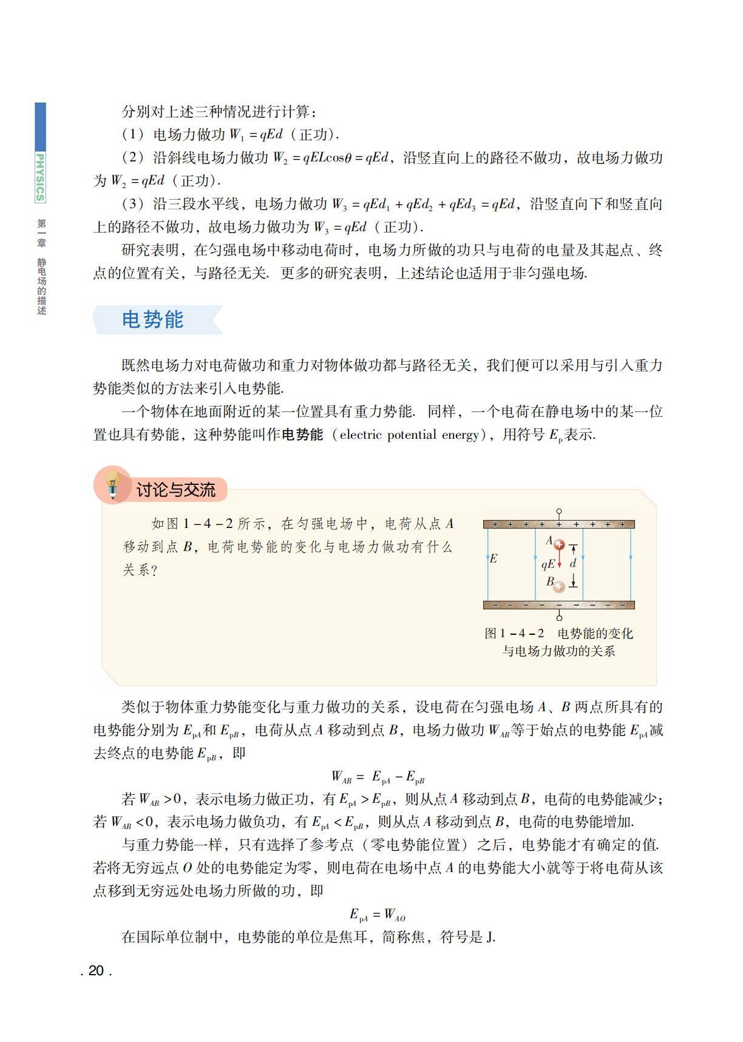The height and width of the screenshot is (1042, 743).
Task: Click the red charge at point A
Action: (560, 545)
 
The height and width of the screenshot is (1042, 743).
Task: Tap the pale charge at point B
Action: (559, 586)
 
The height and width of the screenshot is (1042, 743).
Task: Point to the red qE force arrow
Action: (560, 561)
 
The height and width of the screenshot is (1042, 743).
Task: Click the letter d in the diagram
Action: (572, 563)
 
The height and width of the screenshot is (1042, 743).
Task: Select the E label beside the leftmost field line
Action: (494, 558)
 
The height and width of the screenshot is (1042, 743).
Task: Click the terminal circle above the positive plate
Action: (559, 512)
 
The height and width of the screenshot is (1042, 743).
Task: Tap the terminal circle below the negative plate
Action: (559, 618)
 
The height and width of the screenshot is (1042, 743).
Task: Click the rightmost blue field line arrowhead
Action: (631, 557)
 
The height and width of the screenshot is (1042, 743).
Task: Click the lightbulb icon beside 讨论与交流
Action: (112, 484)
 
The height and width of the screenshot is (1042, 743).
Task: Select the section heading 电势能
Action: (153, 320)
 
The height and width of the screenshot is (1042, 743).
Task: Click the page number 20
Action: (96, 970)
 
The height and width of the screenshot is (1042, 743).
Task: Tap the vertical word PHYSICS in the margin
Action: (40, 177)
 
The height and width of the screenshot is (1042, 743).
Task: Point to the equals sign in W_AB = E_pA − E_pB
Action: (360, 776)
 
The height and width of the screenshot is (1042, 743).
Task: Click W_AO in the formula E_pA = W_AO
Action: (395, 915)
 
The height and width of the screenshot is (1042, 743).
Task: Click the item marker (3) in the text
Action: (134, 204)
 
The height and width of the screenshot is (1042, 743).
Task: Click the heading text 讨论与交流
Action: (175, 490)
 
